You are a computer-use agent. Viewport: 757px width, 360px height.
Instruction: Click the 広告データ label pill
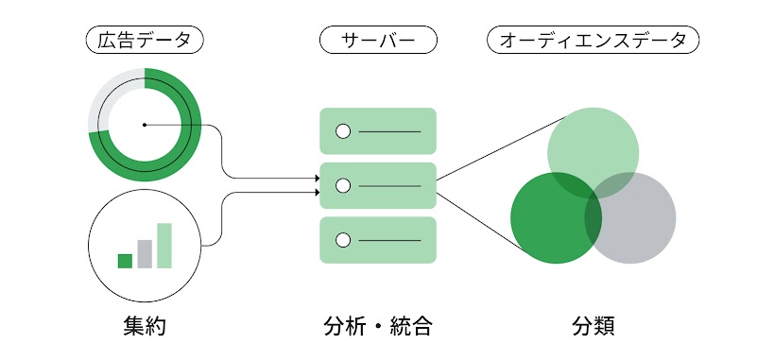coord(144,40)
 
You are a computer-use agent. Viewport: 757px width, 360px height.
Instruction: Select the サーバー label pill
coord(378,40)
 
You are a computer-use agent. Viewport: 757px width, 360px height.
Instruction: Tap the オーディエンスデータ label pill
coord(593,40)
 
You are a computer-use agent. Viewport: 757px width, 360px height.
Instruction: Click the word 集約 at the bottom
coord(144,326)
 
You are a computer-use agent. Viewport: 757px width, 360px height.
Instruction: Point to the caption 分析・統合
coord(378,326)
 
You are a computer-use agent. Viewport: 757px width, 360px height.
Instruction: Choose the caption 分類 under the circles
coord(593,326)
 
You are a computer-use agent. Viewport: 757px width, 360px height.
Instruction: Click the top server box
coord(378,130)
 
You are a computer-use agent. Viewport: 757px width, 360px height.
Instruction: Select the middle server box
coord(378,185)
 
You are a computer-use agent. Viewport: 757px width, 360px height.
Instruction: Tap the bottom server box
coord(378,240)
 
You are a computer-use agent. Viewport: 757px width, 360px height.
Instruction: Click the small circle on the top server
coord(343,130)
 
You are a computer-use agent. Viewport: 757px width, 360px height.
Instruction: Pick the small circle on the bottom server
coord(343,240)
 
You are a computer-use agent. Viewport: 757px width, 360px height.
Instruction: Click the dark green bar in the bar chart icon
coord(125,261)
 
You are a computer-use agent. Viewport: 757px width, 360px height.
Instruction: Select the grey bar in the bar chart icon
coord(145,254)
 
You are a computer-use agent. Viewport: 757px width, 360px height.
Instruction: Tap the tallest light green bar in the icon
coord(164,246)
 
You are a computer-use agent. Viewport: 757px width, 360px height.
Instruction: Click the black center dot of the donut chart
coord(144,124)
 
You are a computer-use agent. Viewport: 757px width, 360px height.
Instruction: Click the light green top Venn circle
coord(594,142)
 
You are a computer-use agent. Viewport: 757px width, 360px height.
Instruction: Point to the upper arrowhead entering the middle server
coord(316,178)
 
